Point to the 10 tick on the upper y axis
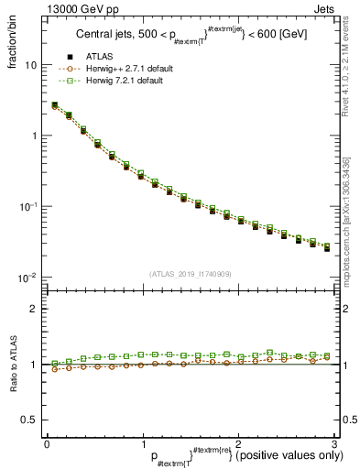(31, 66)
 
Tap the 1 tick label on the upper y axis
(34, 136)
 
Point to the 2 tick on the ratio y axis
(34, 309)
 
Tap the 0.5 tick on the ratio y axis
(29, 420)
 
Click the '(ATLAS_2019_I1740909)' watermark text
(191, 273)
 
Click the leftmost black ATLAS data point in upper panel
(54, 106)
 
